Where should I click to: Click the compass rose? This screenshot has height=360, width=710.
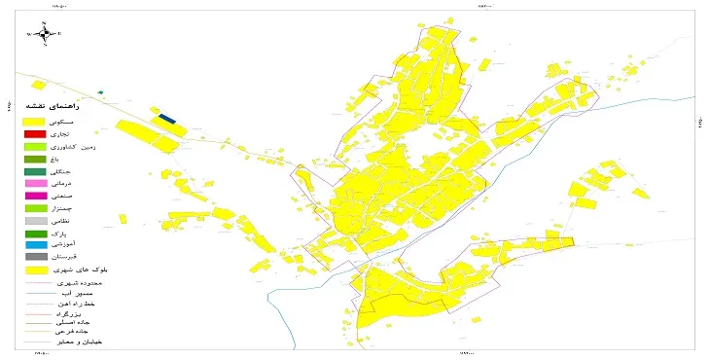(45, 33)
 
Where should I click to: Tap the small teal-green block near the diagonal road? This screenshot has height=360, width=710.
(99, 92)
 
